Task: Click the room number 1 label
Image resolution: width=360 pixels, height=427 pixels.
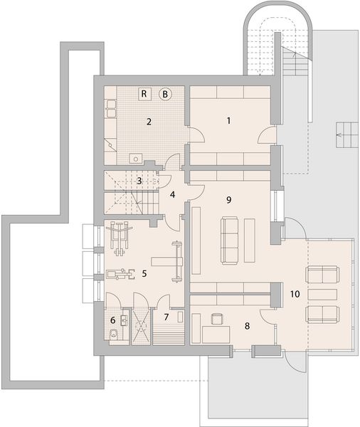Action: point(229,121)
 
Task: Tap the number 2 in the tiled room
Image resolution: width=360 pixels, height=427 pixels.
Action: point(149,122)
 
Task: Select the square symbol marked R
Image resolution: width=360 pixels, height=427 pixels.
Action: point(144,94)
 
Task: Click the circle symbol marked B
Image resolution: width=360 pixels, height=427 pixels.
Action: point(165,94)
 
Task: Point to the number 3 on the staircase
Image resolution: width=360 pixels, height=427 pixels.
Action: point(139,181)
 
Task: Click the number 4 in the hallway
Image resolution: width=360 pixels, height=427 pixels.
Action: point(172,195)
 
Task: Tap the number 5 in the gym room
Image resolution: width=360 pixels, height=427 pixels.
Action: point(144,273)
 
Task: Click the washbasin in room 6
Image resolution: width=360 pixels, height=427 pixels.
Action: point(125,320)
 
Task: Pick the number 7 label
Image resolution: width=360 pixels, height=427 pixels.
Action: point(166,317)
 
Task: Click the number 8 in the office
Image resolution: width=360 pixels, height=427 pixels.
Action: point(247,326)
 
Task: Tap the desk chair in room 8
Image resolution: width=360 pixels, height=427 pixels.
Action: point(217,319)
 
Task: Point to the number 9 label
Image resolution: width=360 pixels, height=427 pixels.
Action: point(229,200)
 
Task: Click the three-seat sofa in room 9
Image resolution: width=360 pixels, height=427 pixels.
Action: point(229,241)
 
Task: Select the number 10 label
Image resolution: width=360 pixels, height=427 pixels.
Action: point(295,294)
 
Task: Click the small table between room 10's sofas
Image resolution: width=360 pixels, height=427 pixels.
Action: point(322,295)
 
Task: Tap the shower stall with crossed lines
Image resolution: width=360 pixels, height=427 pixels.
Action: point(141,326)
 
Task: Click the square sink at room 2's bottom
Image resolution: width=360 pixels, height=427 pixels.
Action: point(135,158)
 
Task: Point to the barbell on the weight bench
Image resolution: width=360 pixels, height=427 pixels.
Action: point(176,261)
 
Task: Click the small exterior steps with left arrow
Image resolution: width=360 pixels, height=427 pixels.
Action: point(346,135)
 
